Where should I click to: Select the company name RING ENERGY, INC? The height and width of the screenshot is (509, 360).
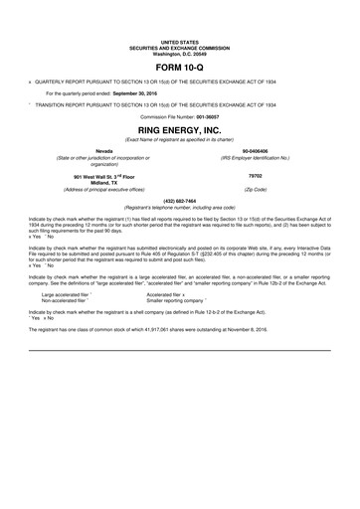point(179,129)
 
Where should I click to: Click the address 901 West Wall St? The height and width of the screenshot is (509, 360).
point(90,175)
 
